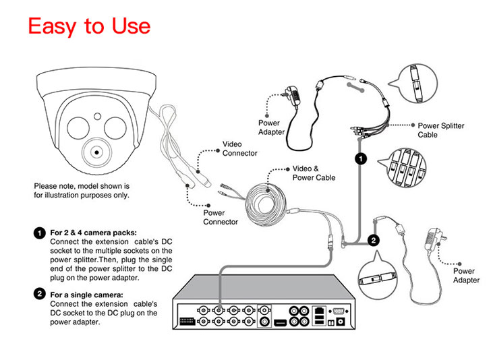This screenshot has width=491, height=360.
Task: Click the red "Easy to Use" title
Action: coord(89,26)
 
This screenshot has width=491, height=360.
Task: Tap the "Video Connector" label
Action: coord(239,148)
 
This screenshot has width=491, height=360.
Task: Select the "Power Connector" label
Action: coord(221,217)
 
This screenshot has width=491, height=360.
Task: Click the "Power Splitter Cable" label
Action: coord(440,130)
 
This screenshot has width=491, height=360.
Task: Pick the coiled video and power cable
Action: coord(266,203)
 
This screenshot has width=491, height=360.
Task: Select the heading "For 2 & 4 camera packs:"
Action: coord(94,233)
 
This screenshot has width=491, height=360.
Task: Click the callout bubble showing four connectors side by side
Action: coord(403,168)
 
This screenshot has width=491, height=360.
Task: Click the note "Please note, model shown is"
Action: coord(81,185)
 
